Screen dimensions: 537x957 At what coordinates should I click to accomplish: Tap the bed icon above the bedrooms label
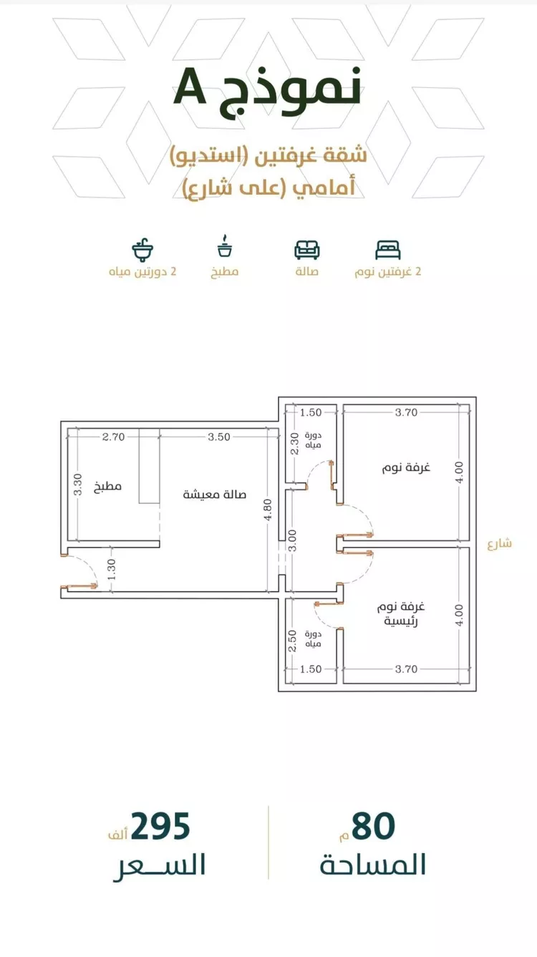[x=388, y=250]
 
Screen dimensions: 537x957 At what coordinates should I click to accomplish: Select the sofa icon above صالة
[x=306, y=250]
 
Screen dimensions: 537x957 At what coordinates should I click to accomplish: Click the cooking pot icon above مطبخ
[x=225, y=246]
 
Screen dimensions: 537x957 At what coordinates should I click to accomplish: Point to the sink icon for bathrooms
[x=142, y=249]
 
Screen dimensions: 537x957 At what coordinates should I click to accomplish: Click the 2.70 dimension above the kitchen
[x=113, y=437]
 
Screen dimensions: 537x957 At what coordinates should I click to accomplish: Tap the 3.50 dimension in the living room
[x=219, y=437]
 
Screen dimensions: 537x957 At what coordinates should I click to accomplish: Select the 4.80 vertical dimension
[x=268, y=510]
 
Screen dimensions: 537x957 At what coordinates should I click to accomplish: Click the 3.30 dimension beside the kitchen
[x=78, y=485]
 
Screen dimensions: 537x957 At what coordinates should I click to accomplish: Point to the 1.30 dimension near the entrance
[x=112, y=570]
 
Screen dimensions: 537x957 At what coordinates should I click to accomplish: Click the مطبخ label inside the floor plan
[x=107, y=486]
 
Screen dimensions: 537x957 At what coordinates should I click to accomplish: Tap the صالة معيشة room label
[x=215, y=495]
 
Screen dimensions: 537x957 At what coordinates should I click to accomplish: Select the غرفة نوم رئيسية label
[x=401, y=613]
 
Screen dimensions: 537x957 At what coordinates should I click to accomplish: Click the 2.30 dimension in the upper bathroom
[x=294, y=445]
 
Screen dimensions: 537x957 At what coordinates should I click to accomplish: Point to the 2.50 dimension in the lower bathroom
[x=292, y=641]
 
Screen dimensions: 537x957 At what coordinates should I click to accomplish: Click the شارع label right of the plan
[x=499, y=543]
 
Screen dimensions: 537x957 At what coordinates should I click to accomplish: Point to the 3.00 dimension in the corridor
[x=292, y=541]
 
